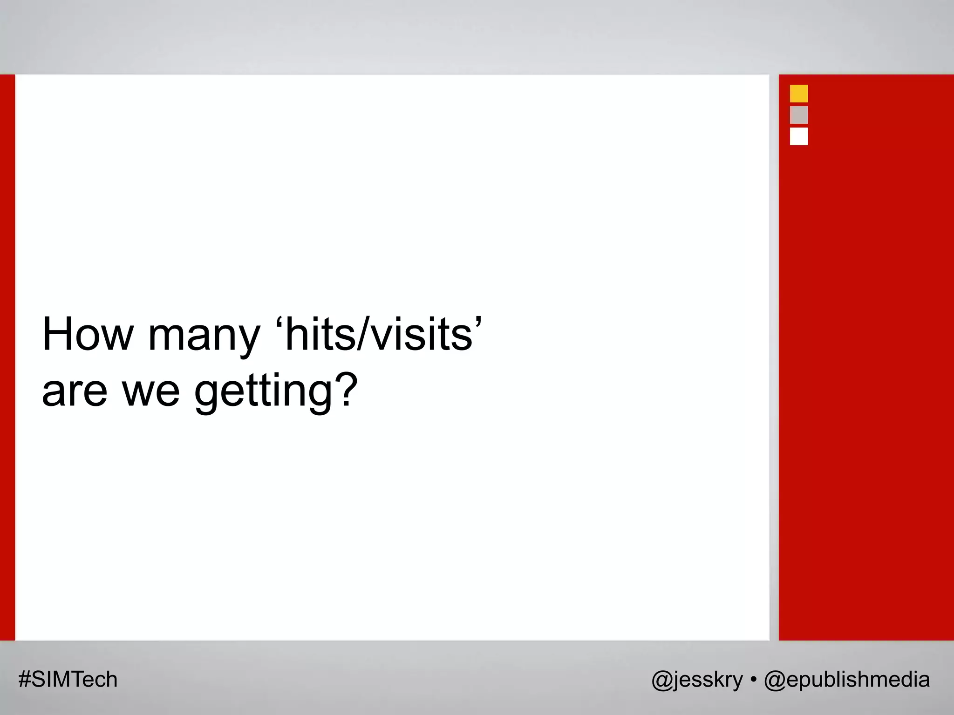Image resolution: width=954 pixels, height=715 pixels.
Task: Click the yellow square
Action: (x=799, y=94)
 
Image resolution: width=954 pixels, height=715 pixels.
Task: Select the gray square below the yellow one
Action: (x=799, y=115)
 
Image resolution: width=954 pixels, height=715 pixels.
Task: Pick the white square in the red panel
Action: (x=799, y=136)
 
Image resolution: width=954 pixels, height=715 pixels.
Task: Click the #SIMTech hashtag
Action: (x=68, y=680)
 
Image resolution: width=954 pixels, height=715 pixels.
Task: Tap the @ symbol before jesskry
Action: (x=661, y=681)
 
